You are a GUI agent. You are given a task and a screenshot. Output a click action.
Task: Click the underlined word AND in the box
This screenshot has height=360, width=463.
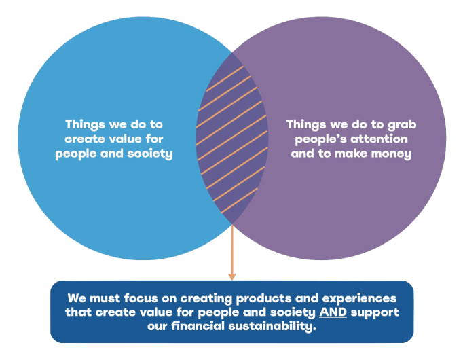coord(333,312)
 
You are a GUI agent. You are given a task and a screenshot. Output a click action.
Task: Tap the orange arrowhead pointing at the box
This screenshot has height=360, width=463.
coord(231,276)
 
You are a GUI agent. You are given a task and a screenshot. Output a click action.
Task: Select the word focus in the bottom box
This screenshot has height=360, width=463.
coord(141,298)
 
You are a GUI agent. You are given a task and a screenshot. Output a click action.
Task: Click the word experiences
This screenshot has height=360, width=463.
coord(359,299)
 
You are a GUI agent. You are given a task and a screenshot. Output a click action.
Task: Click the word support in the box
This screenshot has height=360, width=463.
coord(375,313)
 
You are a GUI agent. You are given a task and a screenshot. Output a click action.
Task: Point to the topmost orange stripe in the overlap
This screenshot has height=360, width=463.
coord(225,79)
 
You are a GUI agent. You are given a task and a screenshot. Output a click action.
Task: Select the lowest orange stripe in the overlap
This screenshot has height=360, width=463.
coord(239,200)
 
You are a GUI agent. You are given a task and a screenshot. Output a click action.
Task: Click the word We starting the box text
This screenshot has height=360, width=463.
coord(77,298)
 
